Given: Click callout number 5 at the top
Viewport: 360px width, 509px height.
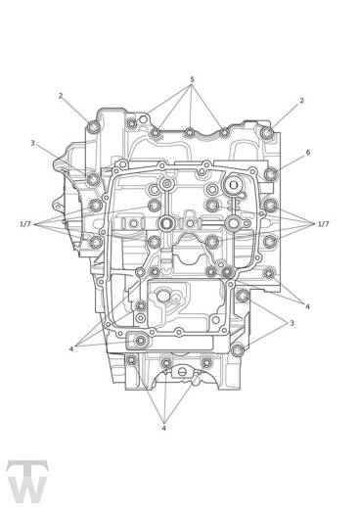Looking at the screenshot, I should click(192, 79).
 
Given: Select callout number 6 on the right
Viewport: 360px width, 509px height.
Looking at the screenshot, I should click(307, 153).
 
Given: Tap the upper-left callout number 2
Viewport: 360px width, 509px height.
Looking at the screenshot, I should click(61, 96).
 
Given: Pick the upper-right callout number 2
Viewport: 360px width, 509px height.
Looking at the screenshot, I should click(301, 101).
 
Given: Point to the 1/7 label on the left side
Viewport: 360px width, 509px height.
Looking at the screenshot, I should click(26, 224).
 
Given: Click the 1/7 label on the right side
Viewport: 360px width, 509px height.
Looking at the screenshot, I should click(323, 224).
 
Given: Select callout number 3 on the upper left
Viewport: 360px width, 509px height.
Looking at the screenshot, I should click(32, 143).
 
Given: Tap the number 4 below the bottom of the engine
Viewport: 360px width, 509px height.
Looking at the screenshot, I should click(164, 428).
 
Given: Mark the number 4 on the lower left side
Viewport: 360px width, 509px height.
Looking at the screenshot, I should click(71, 348).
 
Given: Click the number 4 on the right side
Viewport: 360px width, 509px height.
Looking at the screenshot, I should click(307, 306).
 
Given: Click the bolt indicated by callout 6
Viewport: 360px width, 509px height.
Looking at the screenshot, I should click(271, 175).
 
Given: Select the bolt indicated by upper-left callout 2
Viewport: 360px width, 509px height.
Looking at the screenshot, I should click(94, 128).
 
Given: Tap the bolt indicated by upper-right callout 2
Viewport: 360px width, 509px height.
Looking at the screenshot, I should click(267, 130).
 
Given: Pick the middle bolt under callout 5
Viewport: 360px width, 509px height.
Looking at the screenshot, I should click(189, 132).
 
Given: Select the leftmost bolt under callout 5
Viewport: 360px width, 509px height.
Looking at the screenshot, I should click(155, 132).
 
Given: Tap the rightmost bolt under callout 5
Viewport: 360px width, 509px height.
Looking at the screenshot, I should click(224, 132).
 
